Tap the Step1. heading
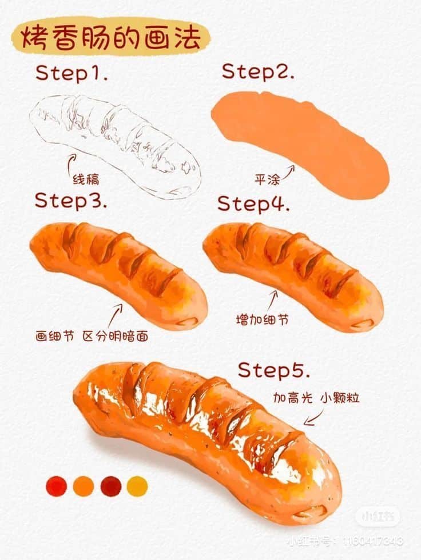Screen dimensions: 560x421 click(x=72, y=73)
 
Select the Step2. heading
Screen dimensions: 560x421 click(x=258, y=72)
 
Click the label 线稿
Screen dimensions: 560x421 click(x=86, y=179)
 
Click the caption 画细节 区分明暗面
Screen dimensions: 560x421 click(x=92, y=336)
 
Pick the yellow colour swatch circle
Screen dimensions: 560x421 click(x=137, y=486)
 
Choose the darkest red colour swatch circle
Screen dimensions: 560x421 click(x=110, y=486)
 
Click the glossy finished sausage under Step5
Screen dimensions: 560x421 click(x=206, y=440)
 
